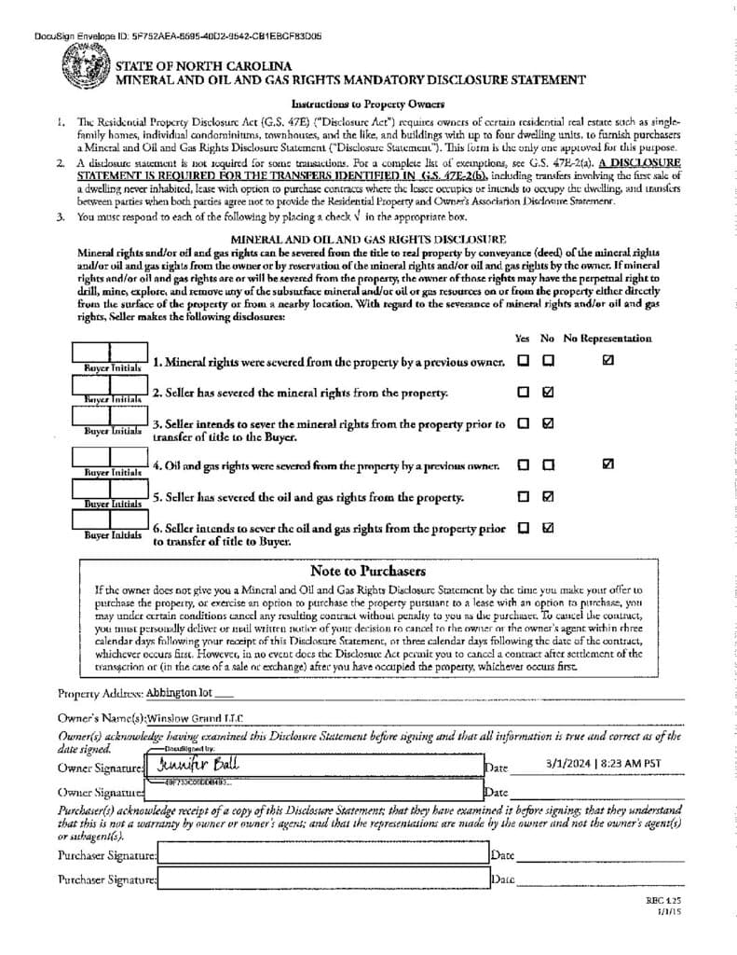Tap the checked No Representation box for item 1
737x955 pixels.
click(608, 360)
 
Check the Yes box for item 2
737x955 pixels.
click(524, 393)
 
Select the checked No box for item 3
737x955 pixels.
click(548, 422)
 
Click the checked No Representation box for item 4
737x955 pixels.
click(608, 464)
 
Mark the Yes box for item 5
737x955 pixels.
click(524, 496)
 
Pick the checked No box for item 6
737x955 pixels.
click(548, 527)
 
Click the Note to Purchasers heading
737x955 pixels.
click(367, 571)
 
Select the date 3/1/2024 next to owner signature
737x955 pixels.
click(603, 763)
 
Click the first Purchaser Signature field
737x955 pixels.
click(322, 854)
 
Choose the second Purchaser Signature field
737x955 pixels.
click(322, 879)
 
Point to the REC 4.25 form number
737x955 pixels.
click(663, 902)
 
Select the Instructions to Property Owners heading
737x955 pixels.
click(367, 104)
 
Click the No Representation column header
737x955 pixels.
click(607, 338)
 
